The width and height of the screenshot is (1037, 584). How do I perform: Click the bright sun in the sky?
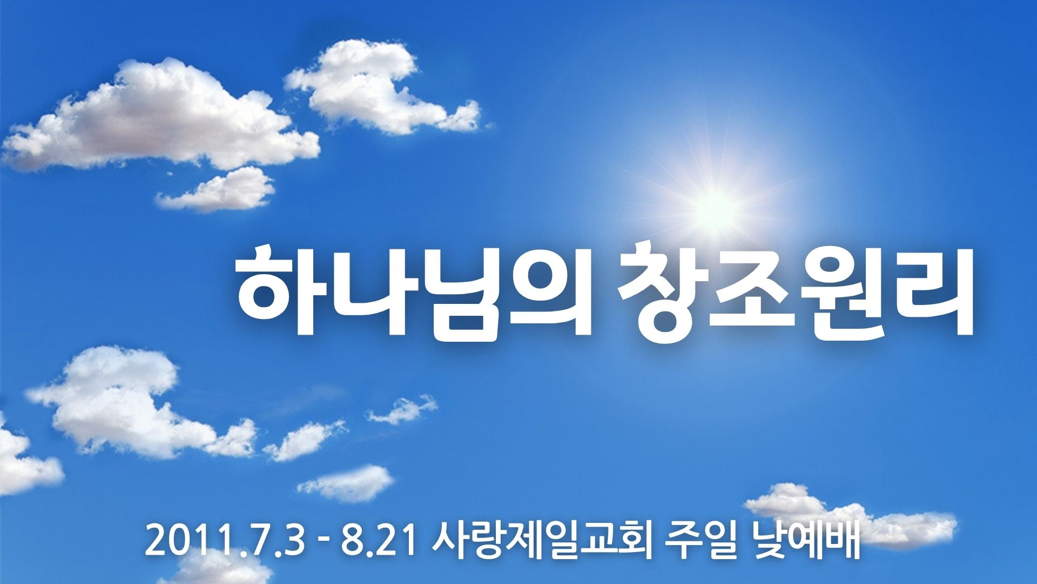[x=715, y=205]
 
